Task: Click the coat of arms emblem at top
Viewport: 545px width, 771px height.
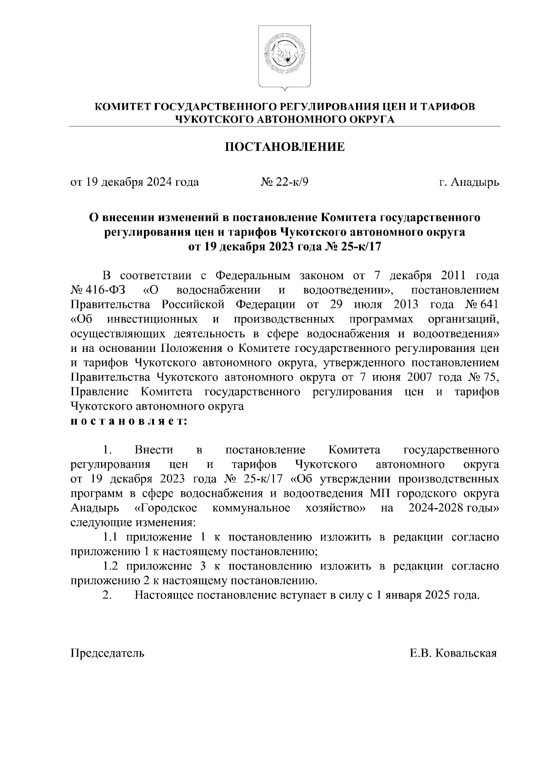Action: click(x=285, y=57)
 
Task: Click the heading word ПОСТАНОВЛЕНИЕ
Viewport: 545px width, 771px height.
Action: click(x=285, y=147)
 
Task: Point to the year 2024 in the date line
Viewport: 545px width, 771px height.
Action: click(x=159, y=182)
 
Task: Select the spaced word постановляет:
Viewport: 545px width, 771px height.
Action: click(x=129, y=421)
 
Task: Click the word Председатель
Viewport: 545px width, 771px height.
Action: click(x=108, y=653)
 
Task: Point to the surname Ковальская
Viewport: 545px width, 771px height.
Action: click(x=466, y=653)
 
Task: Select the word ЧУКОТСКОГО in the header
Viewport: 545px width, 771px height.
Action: click(x=214, y=119)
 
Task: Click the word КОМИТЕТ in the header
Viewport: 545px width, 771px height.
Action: click(x=123, y=108)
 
